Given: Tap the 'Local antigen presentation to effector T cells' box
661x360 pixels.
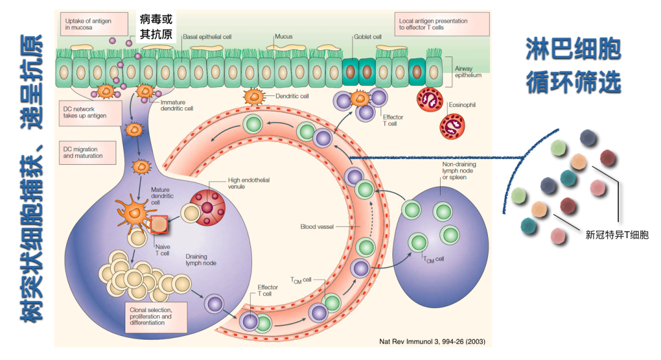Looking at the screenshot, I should point(441,24).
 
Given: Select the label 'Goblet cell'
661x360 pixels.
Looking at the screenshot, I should point(367,37).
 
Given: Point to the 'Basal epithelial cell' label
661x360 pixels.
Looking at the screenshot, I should point(207,37).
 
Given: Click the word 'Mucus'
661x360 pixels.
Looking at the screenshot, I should point(283,37).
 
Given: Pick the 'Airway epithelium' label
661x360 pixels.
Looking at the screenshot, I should point(468,72).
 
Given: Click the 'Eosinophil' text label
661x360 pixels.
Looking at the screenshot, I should point(462,105).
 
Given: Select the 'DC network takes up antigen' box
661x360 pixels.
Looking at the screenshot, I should point(86,112).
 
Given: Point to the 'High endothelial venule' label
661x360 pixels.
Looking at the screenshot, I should point(248,183).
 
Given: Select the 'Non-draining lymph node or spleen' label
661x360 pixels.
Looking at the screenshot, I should point(459,171).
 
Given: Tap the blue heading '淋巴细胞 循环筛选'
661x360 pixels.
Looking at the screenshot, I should point(573,66).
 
